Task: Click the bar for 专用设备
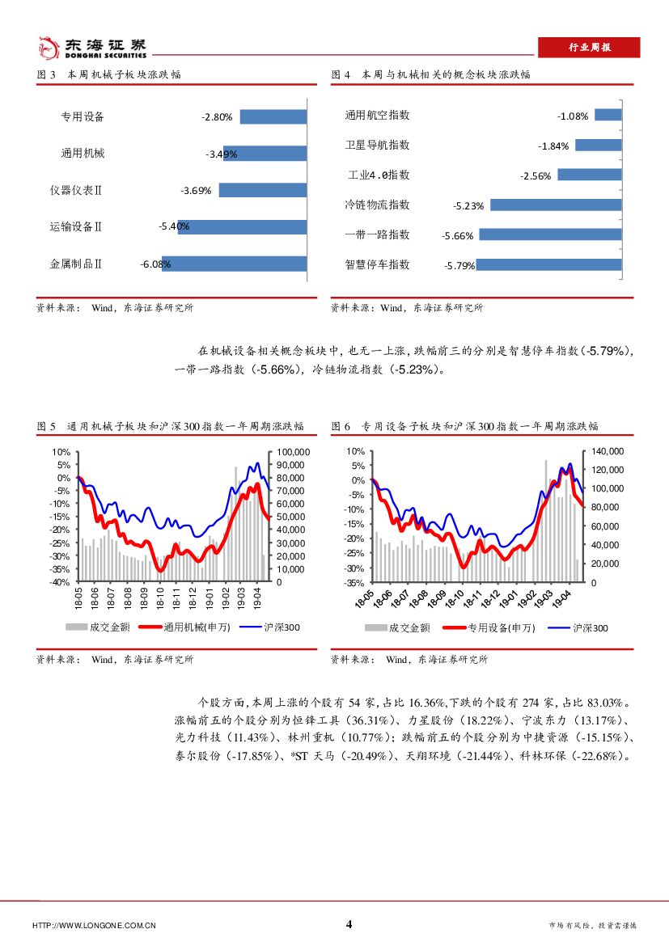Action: pos(273,116)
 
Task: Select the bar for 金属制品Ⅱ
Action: pos(235,264)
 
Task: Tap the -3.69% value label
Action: pos(196,191)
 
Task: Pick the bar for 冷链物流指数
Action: pos(555,205)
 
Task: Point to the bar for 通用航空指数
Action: pos(608,116)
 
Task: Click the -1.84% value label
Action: pos(554,146)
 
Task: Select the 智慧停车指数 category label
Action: pos(377,264)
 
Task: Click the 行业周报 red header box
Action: pos(588,48)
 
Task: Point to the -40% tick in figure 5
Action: pos(60,582)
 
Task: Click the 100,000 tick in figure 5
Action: pos(288,452)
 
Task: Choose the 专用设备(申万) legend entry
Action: pos(487,627)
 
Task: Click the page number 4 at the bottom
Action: pos(349,924)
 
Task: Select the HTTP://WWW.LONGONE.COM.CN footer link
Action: pos(94,926)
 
